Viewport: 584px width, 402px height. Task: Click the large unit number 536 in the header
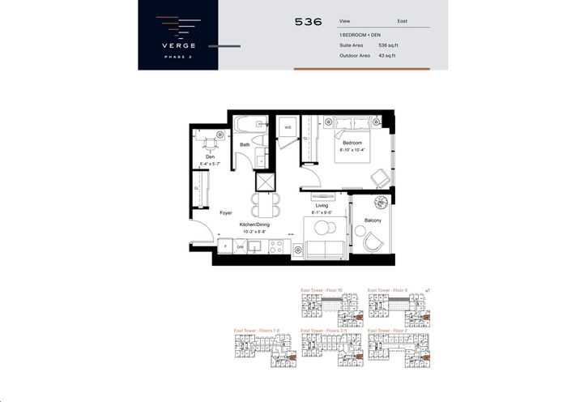coord(309,22)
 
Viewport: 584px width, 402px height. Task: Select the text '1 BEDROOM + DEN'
coord(360,36)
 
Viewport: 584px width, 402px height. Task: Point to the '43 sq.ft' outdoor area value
coord(389,55)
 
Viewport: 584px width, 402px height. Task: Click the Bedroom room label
coord(352,143)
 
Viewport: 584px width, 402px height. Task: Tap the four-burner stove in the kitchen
coord(275,246)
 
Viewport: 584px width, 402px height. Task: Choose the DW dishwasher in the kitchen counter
coord(241,246)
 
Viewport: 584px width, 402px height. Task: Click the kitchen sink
coord(255,246)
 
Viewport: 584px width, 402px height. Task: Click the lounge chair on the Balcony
coord(374,242)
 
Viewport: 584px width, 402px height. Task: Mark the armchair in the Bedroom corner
coord(379,178)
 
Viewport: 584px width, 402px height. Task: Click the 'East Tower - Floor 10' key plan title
coord(322,289)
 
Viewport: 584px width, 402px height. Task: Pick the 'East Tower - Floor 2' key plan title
coord(388,331)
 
